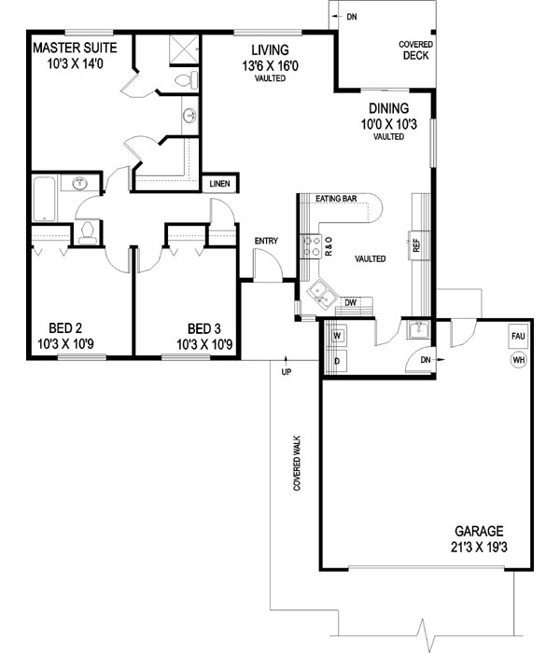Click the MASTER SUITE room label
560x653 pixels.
[75, 48]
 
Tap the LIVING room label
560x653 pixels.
[269, 50]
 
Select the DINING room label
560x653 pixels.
[388, 107]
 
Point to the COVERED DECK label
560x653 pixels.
[415, 49]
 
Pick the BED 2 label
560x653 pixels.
[66, 327]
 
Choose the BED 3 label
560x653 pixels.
[204, 327]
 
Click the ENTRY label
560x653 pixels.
[266, 242]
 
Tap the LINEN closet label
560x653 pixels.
[219, 184]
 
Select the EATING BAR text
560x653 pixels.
[335, 199]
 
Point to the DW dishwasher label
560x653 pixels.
[351, 302]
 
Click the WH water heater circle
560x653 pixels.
[518, 360]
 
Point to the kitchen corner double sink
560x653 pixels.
[323, 294]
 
